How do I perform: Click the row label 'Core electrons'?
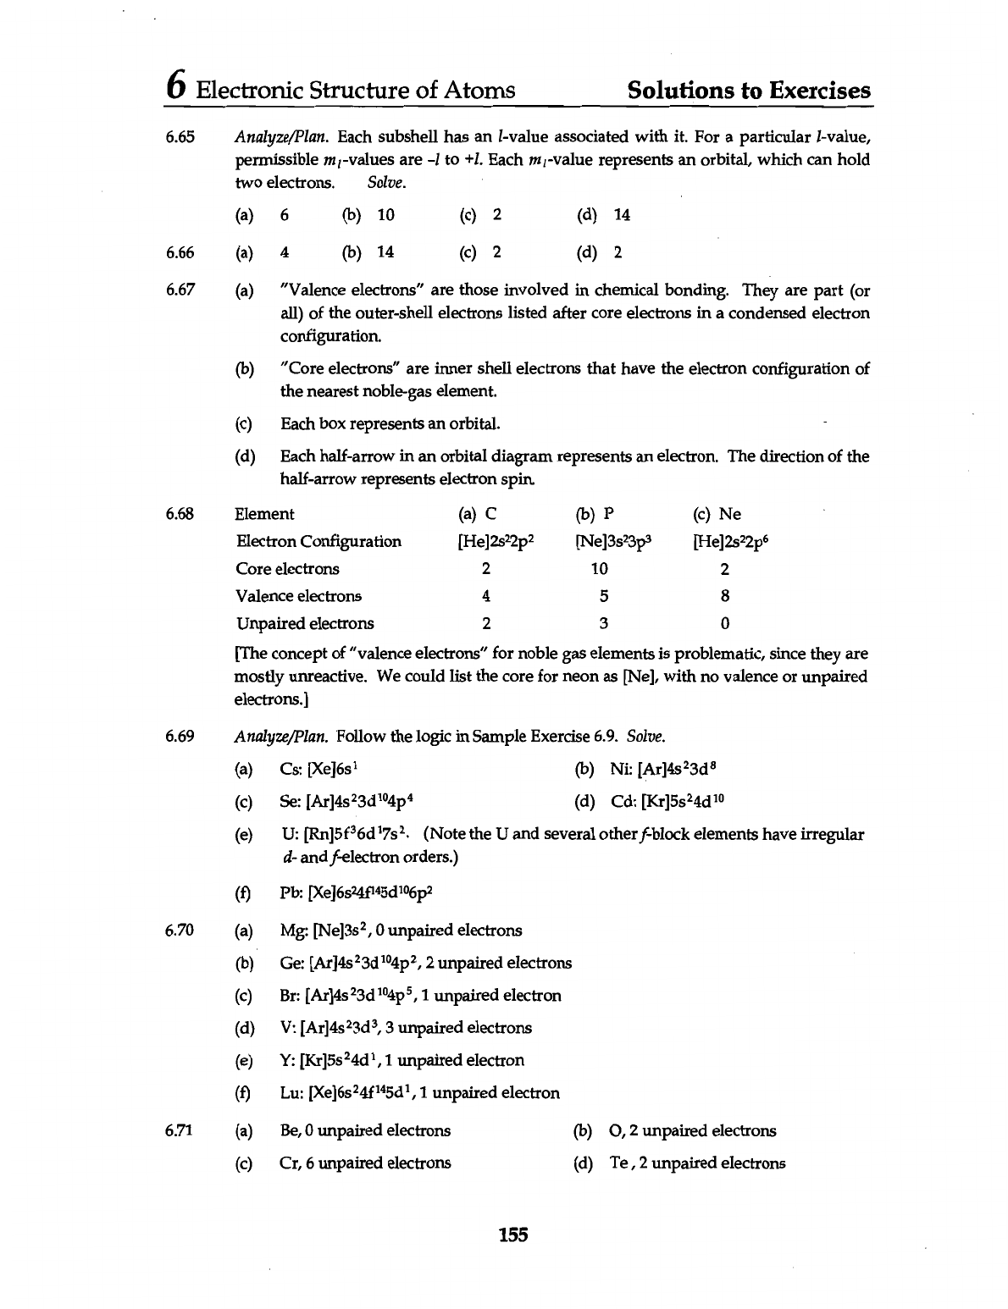click(x=287, y=569)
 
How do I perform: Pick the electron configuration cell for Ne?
click(x=731, y=541)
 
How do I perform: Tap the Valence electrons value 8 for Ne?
click(x=725, y=596)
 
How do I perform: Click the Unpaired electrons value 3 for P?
click(x=603, y=624)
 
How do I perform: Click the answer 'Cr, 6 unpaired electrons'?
click(x=365, y=1163)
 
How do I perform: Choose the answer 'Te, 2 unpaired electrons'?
click(x=697, y=1163)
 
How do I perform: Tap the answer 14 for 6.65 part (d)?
click(x=622, y=215)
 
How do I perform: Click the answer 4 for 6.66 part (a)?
click(x=285, y=252)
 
